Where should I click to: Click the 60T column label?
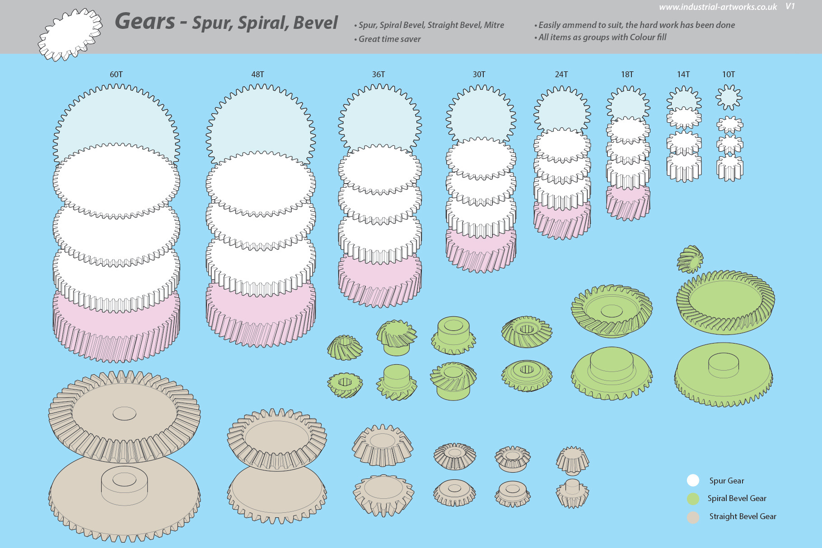(116, 74)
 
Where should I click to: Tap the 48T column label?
(257, 74)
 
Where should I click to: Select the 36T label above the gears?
(378, 74)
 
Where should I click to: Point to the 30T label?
(479, 74)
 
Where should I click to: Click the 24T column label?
(561, 74)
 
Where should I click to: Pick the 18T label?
(627, 74)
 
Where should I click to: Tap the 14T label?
(683, 74)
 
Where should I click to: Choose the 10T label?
(728, 74)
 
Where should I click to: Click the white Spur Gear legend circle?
(693, 480)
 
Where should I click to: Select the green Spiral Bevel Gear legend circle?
(693, 498)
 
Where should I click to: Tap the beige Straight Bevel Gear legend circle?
(693, 517)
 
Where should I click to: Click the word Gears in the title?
(145, 21)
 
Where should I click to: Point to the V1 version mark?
(790, 6)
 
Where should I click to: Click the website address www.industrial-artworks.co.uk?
(718, 7)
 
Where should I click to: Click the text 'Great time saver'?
(389, 39)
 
